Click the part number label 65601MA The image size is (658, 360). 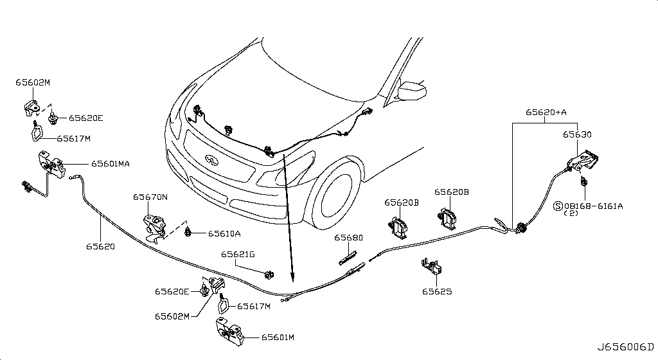(110, 164)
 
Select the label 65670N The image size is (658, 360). (150, 197)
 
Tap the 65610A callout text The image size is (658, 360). (224, 233)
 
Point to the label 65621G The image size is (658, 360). (238, 255)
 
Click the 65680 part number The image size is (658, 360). (348, 238)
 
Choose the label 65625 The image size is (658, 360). (437, 291)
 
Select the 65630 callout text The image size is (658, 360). (578, 135)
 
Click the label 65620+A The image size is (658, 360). (546, 112)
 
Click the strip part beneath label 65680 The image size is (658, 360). (350, 258)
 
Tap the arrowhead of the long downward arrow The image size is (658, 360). (292, 278)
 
